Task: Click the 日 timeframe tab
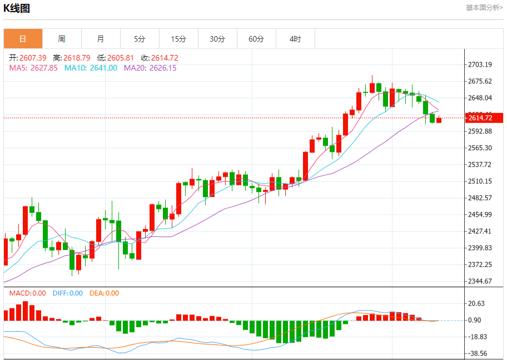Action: click(x=23, y=39)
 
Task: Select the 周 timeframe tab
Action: click(x=62, y=39)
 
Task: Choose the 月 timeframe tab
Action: click(x=101, y=39)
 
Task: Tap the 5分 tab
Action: click(x=140, y=39)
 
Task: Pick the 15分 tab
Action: click(x=178, y=39)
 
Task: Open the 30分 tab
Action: click(x=217, y=39)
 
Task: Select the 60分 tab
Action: click(x=256, y=39)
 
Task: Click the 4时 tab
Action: click(x=295, y=39)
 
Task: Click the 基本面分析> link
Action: click(x=484, y=8)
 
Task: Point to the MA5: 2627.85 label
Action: click(x=33, y=68)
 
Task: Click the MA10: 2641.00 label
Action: click(x=91, y=68)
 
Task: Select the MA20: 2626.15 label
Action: click(x=150, y=68)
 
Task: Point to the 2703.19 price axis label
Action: click(x=480, y=65)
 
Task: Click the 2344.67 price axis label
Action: click(x=480, y=281)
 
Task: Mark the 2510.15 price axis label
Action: click(x=480, y=181)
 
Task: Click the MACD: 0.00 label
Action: click(x=27, y=293)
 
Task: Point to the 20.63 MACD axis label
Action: click(x=477, y=303)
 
